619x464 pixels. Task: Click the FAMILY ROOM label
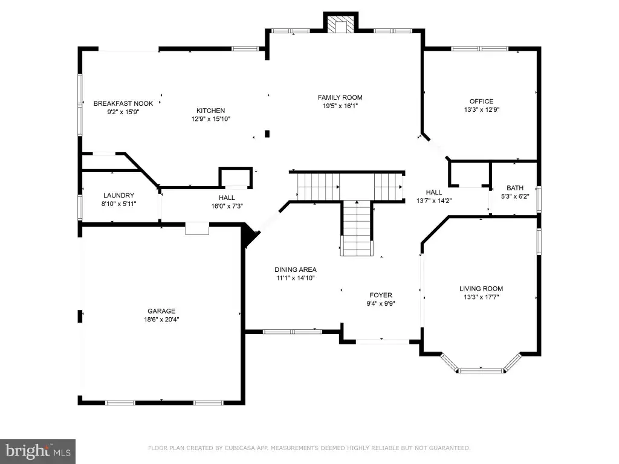[x=340, y=97]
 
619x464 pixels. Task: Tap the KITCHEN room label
[x=211, y=111]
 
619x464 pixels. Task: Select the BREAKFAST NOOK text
[x=123, y=103]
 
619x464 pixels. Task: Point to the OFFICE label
[x=481, y=101]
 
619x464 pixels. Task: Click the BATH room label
[x=515, y=188]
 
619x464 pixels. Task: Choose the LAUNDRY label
[x=118, y=195]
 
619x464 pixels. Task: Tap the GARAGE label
[x=161, y=311]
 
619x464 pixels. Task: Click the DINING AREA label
[x=296, y=269]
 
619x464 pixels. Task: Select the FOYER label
[x=381, y=295]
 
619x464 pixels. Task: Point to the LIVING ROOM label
[x=481, y=289]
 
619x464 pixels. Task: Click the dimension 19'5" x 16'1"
[x=340, y=106]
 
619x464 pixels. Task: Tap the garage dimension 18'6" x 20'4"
[x=161, y=320]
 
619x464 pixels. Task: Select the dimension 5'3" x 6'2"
[x=515, y=196]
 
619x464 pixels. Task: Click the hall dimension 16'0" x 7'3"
[x=227, y=206]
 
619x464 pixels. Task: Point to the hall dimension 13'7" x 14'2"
[x=434, y=201]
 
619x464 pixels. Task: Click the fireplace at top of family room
[x=341, y=22]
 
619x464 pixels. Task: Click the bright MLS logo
[x=38, y=451]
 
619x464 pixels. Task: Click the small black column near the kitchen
[x=267, y=134]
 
